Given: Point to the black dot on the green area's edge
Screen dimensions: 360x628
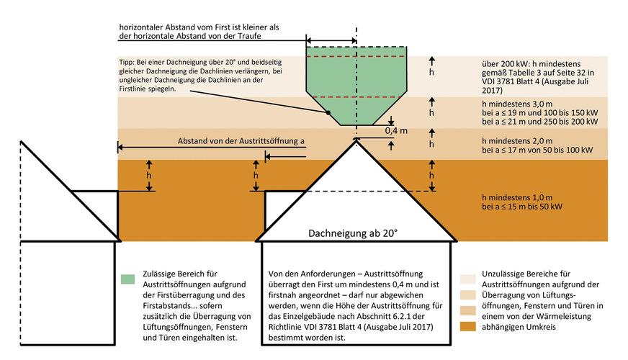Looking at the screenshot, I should (328, 112).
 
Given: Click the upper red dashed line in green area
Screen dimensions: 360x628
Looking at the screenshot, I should (356, 55).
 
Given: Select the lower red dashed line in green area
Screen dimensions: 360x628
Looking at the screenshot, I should (356, 96).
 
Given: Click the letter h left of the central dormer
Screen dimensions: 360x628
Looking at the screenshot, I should (256, 174).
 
